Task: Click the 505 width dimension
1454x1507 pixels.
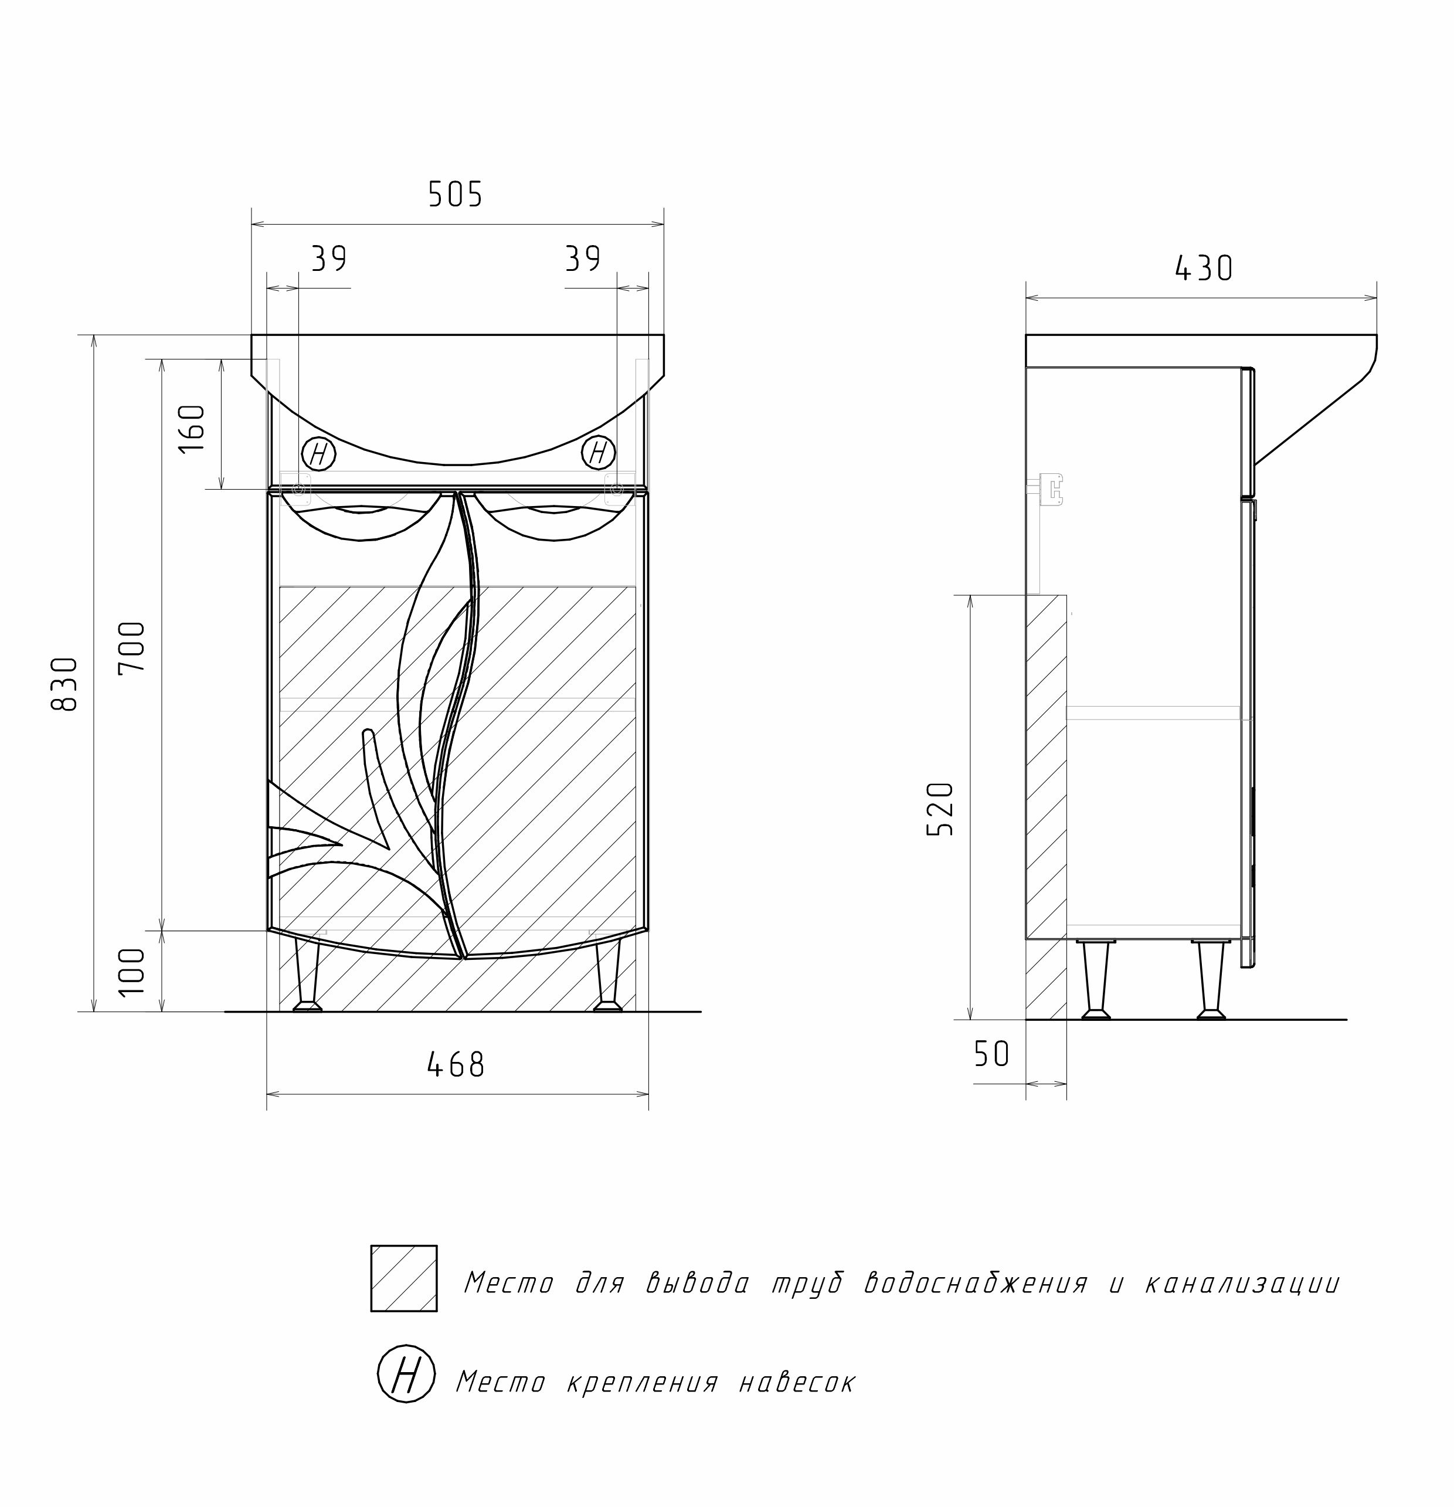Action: (x=455, y=195)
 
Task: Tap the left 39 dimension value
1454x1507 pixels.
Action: (x=329, y=259)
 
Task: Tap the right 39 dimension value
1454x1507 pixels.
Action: (x=583, y=259)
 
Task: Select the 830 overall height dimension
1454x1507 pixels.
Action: (x=65, y=684)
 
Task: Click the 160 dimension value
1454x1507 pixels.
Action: (x=193, y=428)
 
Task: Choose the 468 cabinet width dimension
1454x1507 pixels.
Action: (x=456, y=1065)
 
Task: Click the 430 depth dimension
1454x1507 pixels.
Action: (x=1203, y=269)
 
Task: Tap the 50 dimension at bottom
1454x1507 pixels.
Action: (x=991, y=1054)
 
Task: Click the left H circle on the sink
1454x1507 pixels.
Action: (x=318, y=454)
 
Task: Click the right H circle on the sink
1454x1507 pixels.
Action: (x=598, y=453)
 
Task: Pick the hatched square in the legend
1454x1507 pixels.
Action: (x=404, y=1279)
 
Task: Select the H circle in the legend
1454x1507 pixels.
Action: (x=406, y=1373)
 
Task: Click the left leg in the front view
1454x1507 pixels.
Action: (x=308, y=974)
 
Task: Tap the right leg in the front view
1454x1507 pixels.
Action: (x=608, y=974)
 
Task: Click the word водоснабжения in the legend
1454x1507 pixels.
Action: (x=976, y=1283)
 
